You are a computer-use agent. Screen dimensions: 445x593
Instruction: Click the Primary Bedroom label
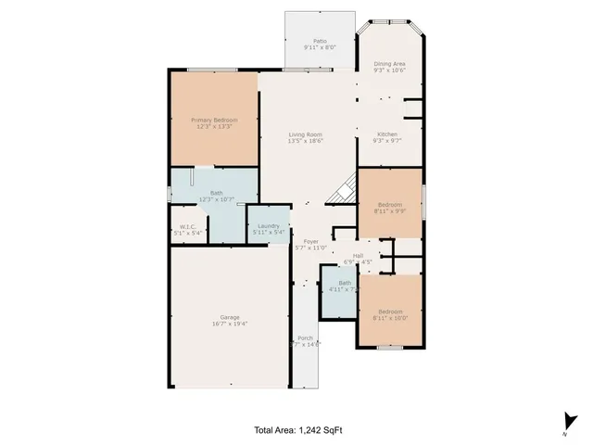[x=214, y=121]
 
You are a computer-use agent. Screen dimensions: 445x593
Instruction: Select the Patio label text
[x=320, y=42]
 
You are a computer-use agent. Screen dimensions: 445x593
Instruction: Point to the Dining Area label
[x=389, y=64]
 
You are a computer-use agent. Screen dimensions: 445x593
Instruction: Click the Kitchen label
[x=389, y=135]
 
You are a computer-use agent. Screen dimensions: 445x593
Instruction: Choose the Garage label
[x=230, y=318]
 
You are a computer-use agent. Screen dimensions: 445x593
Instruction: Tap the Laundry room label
[x=270, y=226]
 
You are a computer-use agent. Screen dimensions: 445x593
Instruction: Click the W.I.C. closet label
[x=186, y=228]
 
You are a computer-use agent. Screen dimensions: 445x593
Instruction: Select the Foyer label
[x=312, y=241]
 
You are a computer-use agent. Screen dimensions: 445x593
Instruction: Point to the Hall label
[x=358, y=256]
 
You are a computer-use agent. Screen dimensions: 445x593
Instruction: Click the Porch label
[x=306, y=338]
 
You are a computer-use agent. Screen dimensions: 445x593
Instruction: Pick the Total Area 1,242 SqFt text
[x=296, y=430]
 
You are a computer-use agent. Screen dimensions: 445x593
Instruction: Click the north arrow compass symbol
[x=566, y=423]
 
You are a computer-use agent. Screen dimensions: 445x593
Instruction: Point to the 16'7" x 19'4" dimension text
[x=230, y=324]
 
